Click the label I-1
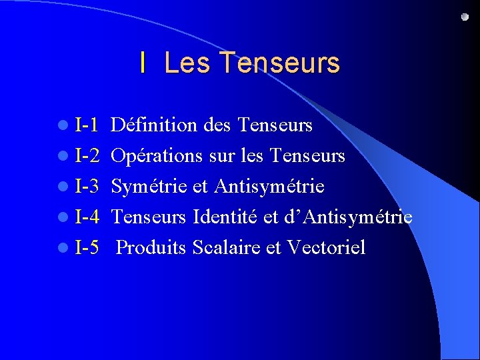87,125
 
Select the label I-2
87,156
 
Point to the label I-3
87,187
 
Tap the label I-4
87,217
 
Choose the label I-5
87,248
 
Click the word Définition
153,125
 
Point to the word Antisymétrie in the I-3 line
269,187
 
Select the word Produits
151,248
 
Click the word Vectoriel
326,248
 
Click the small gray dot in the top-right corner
465,17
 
